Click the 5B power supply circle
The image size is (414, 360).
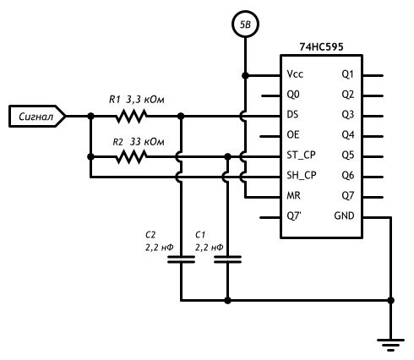245,25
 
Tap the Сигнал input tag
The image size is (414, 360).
37,116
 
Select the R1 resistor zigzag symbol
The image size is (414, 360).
131,116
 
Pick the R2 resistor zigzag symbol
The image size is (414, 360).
131,157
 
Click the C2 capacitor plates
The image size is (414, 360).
181,259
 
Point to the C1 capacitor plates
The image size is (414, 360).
227,259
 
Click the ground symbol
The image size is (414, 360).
390,345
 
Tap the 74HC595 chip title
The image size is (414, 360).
321,46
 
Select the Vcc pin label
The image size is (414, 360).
295,74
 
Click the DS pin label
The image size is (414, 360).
292,115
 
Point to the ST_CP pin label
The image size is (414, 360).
301,155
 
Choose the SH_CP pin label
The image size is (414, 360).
302,176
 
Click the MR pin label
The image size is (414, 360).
293,195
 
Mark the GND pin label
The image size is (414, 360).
344,215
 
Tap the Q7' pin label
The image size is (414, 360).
294,216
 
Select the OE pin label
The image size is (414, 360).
293,135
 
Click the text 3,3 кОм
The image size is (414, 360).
144,100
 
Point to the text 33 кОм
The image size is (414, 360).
147,142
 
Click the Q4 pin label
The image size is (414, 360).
348,135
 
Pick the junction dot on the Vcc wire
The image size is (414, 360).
245,75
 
